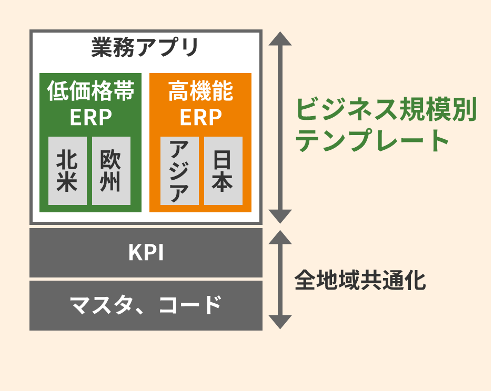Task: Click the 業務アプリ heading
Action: click(x=145, y=47)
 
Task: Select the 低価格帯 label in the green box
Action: click(x=90, y=91)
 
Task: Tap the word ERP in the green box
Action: click(x=90, y=117)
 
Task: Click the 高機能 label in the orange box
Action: click(x=200, y=91)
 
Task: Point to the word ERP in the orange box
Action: click(x=200, y=117)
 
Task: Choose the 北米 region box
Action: click(x=67, y=171)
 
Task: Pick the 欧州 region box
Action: click(x=111, y=171)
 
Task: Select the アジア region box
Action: click(x=179, y=171)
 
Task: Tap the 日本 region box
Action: click(x=224, y=171)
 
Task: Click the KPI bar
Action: click(x=146, y=253)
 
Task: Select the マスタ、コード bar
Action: click(x=146, y=305)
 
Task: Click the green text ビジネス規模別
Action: click(x=386, y=109)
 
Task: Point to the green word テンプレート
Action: click(x=372, y=140)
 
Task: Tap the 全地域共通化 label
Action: click(x=360, y=280)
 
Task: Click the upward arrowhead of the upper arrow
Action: click(x=280, y=39)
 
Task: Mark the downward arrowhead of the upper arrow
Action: click(x=280, y=217)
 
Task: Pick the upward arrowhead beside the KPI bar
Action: click(x=280, y=238)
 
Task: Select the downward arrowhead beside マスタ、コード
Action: click(x=280, y=322)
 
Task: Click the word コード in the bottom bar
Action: click(x=190, y=305)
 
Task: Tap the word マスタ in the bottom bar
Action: click(x=100, y=305)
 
